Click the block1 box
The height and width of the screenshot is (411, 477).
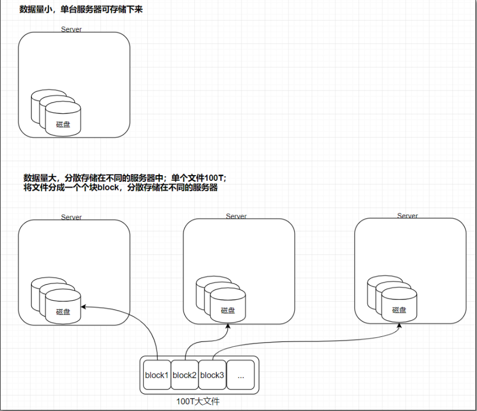coord(157,375)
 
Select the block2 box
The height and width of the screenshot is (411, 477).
coord(184,375)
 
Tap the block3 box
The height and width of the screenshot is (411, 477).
coord(212,375)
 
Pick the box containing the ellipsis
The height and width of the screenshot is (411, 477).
coord(241,375)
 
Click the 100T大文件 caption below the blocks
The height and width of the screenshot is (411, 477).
coord(198,401)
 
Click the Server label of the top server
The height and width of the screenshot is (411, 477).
coord(71,29)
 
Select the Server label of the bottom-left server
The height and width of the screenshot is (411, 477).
coord(71,217)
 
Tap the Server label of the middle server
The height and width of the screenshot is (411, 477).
coord(236,216)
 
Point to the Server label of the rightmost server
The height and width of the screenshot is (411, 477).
coord(407,216)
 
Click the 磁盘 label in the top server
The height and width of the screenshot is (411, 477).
coord(63,124)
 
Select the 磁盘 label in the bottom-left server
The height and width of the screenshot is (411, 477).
coord(63,312)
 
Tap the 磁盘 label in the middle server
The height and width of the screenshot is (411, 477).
coord(228,311)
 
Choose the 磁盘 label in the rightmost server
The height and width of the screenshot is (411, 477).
coord(399,310)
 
